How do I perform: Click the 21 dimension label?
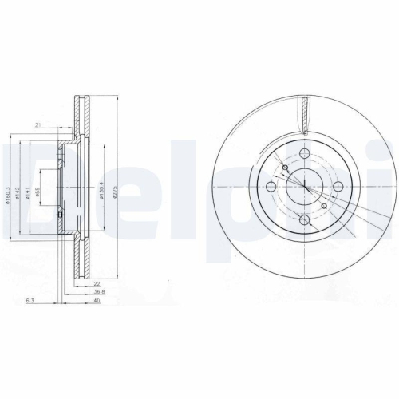[38, 125]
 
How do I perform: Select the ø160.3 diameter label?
[6, 192]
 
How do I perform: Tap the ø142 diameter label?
[18, 192]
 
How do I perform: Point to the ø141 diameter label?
[29, 192]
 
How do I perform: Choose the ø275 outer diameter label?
[117, 192]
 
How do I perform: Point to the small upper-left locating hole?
[285, 168]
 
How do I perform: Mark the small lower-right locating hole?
[322, 206]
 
